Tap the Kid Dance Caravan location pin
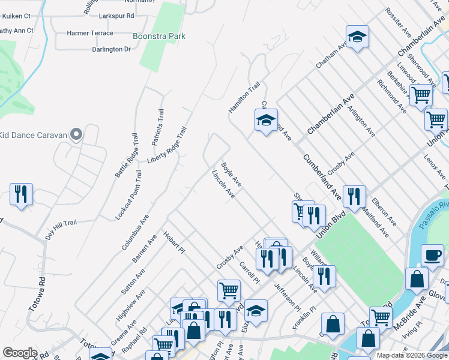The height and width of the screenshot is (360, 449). (x=76, y=134)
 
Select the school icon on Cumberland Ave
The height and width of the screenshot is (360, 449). (x=265, y=120)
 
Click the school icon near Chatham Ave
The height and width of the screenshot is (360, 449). (x=357, y=37)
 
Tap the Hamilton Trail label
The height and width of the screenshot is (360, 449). (x=244, y=97)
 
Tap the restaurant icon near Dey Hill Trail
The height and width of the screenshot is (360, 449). (x=21, y=194)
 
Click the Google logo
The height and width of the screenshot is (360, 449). (x=20, y=353)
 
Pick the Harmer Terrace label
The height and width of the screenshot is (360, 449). (x=90, y=33)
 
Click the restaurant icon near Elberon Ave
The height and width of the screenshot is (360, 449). (x=354, y=196)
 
